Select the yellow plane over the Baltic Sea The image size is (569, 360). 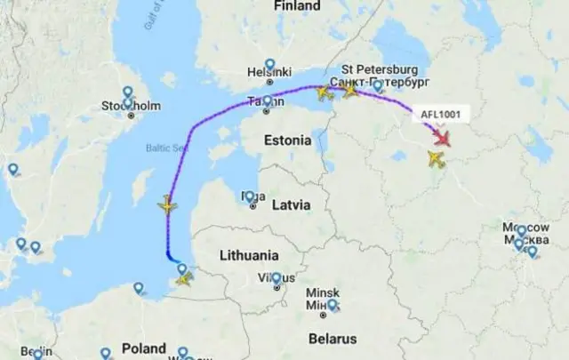[x=167, y=205]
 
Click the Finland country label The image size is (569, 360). [x=297, y=6]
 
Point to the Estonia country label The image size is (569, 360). [x=288, y=140]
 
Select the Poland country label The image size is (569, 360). [x=143, y=348]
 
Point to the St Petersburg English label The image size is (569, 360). [x=380, y=69]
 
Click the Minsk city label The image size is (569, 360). [x=322, y=292]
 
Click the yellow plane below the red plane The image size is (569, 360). [x=436, y=159]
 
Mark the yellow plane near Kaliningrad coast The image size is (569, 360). [x=184, y=279]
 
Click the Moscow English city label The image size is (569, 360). [x=519, y=229]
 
